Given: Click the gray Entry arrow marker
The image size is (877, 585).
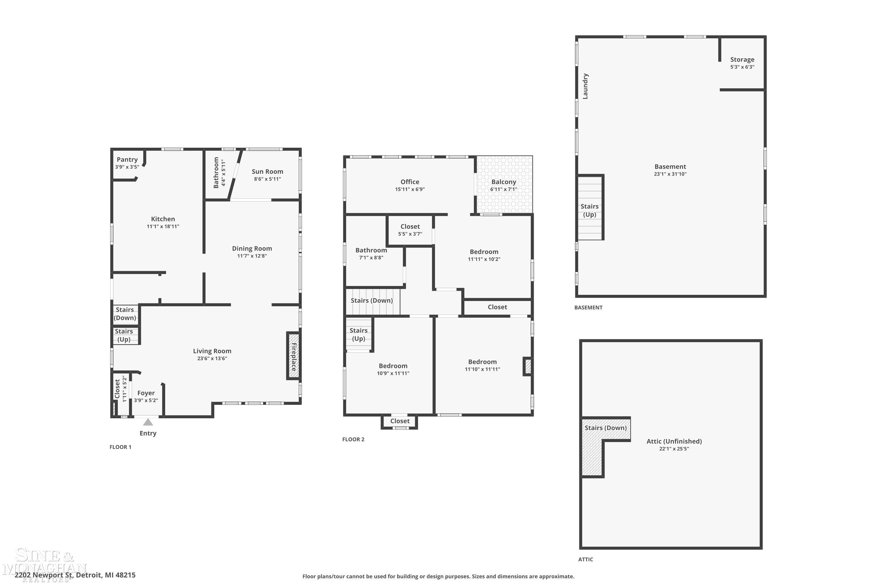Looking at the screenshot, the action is point(148,422).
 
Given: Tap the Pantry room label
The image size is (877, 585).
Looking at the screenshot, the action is point(127,159).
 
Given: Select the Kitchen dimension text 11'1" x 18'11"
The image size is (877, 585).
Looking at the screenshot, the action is point(163,226).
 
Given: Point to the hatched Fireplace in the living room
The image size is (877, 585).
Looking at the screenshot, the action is point(294,356).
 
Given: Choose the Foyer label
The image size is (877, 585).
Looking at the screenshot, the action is point(146,393).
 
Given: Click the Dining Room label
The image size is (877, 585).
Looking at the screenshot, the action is point(252,248).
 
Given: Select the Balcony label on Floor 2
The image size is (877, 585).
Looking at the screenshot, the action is point(504,182).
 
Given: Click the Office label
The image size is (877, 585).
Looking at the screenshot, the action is point(410,182).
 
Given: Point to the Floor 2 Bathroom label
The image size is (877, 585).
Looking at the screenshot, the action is point(371,250).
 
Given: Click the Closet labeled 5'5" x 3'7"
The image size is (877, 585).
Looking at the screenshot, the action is point(410,226).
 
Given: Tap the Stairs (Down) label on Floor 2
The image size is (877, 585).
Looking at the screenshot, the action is point(372,300).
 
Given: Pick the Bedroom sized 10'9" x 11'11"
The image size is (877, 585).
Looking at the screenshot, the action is point(393,366).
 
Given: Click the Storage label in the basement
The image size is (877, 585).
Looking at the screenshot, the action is point(742,59).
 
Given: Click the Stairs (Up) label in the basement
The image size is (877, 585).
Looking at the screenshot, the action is point(590,210).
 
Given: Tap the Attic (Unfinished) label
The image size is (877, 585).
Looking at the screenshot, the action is point(674,441).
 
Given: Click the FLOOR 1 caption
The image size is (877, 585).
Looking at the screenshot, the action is point(120,447).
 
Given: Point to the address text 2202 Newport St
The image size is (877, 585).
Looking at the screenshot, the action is point(44,575).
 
